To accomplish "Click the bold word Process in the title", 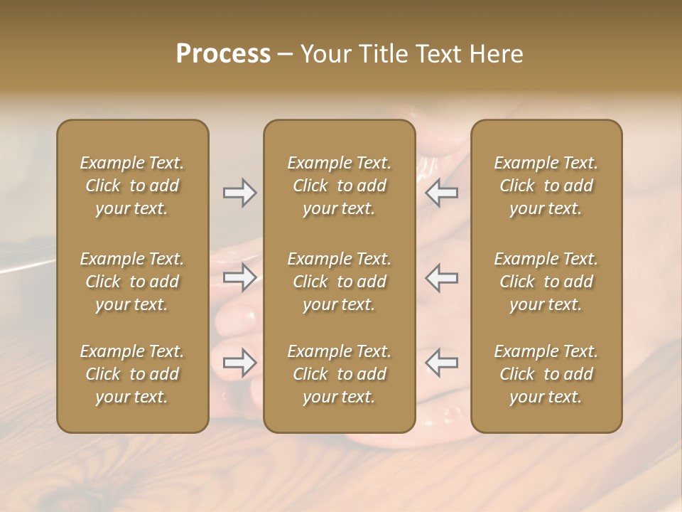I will pos(223,54).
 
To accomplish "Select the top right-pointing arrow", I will pos(239,193).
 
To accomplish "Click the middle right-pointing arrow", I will pos(239,277).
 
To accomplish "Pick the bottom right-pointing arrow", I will pos(239,363).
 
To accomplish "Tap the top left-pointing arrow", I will pos(441,193).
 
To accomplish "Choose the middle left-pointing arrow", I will pos(441,277).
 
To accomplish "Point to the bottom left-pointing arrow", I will pos(441,363).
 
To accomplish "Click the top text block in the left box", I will pos(132,186).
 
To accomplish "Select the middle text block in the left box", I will pos(132,282).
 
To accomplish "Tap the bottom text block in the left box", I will pos(132,374).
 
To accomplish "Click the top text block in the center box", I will pos(340,186).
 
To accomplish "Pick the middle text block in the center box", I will pos(340,282).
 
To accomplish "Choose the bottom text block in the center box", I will pos(340,374).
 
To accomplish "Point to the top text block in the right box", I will pos(546,186).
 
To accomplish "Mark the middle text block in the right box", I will pos(546,282).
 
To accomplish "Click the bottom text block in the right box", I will pos(546,374).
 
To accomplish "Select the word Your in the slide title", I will pos(325,54).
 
